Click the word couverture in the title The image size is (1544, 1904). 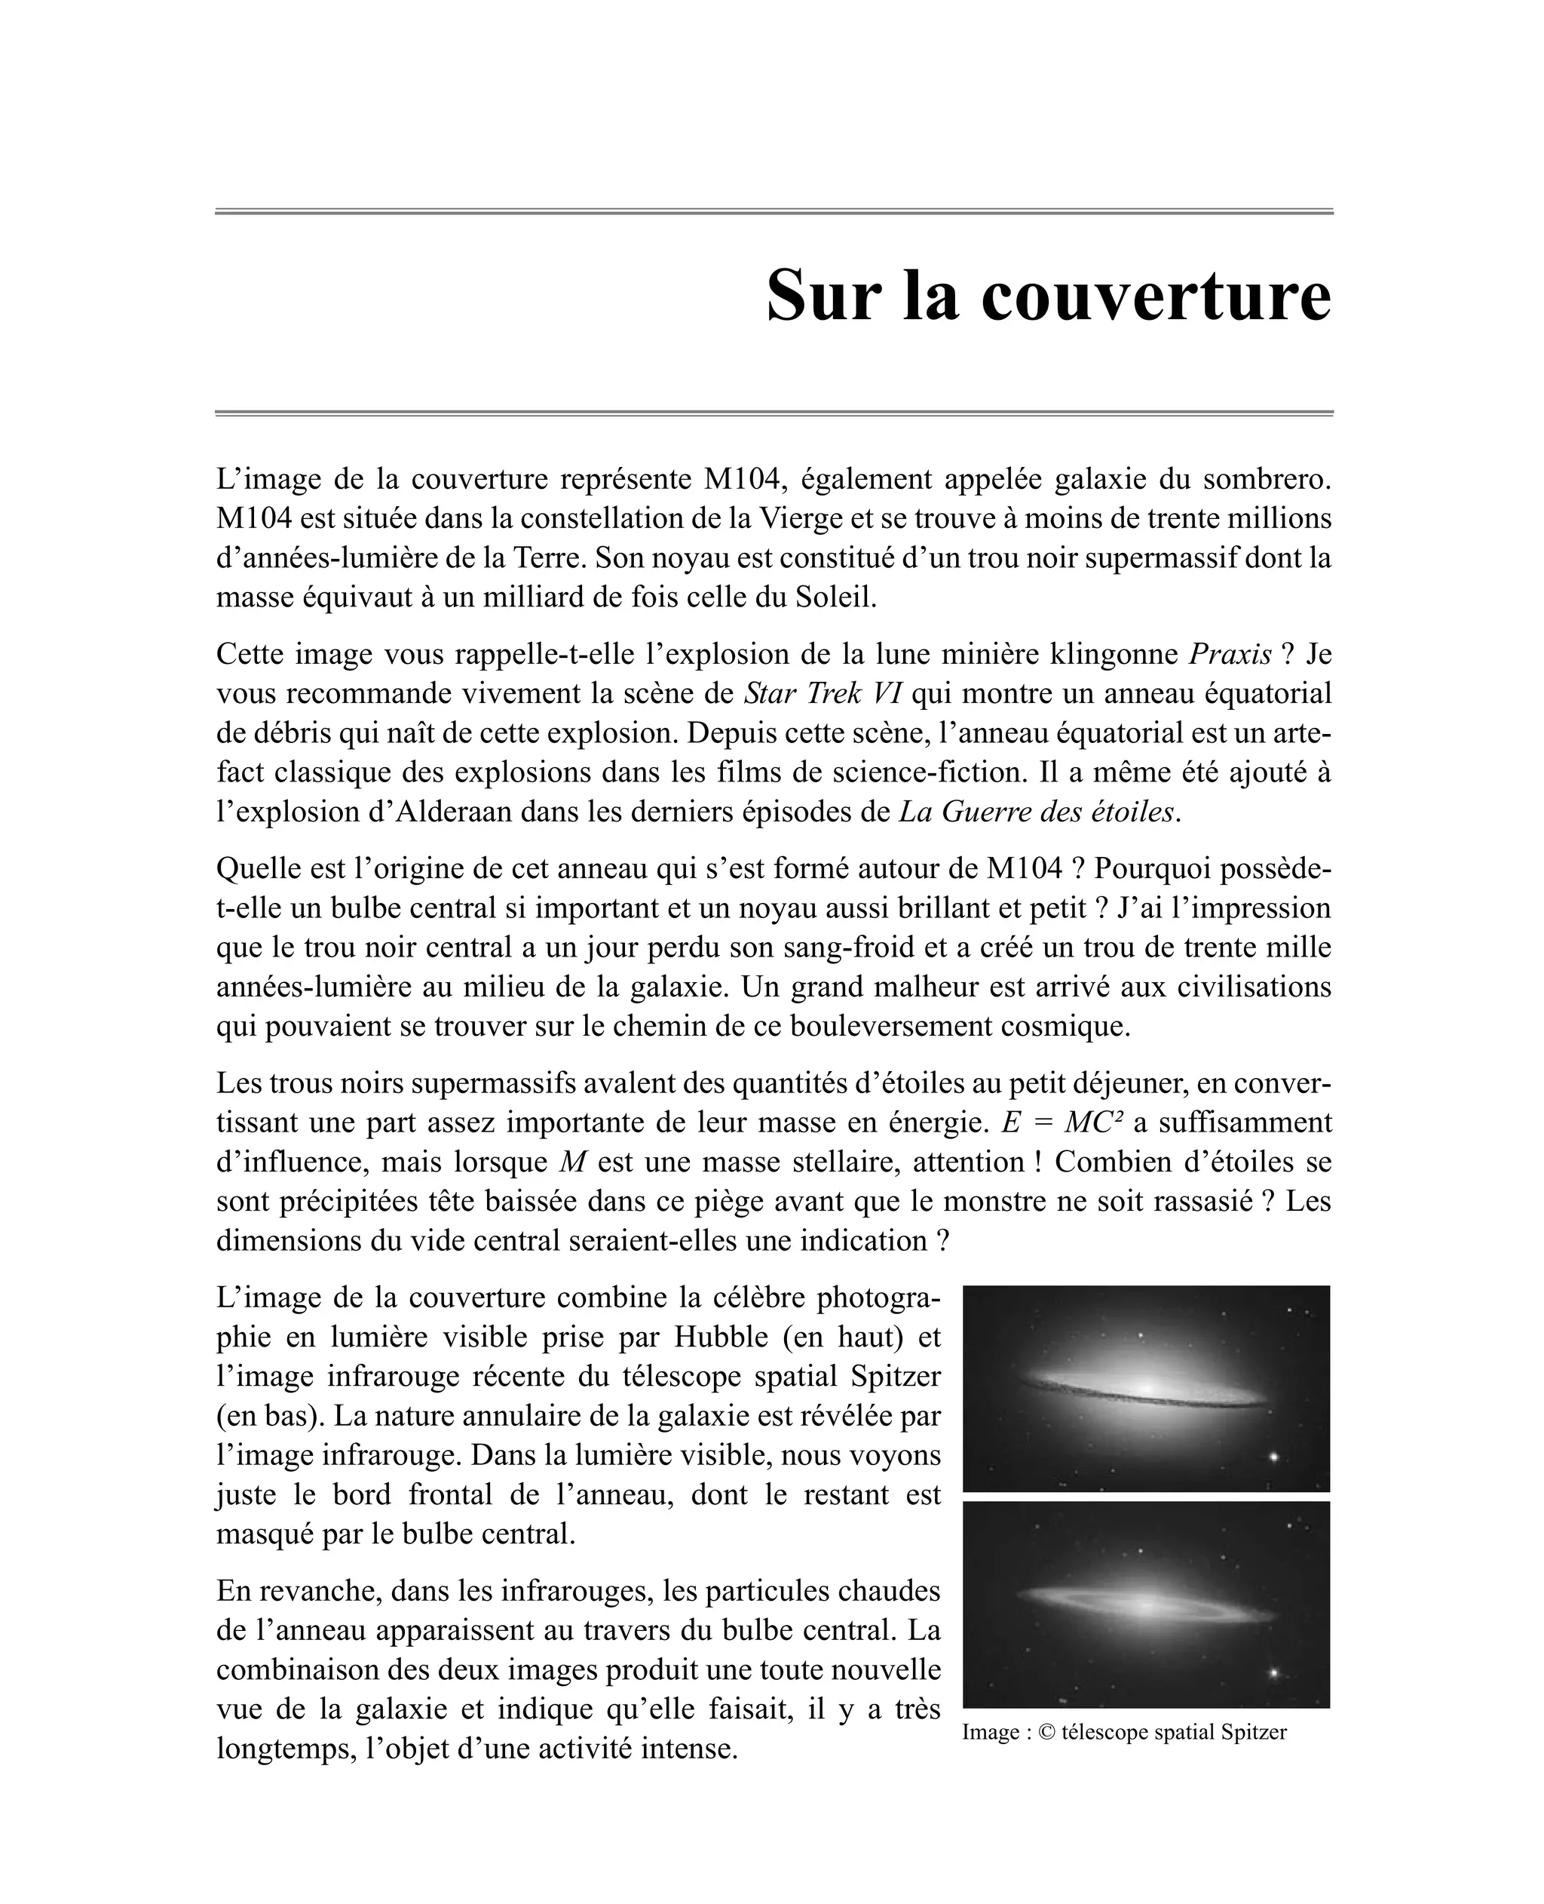1156,296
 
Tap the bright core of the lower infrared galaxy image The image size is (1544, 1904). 1147,1605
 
